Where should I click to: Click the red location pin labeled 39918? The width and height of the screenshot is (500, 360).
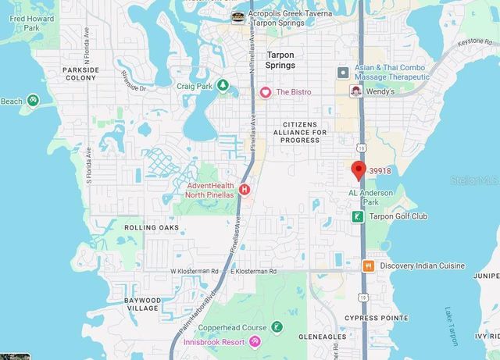click(359, 169)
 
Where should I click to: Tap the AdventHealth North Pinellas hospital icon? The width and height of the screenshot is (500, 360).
click(245, 189)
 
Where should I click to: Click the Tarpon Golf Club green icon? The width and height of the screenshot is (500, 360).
click(357, 216)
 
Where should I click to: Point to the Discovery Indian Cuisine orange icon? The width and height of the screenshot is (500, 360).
click(367, 266)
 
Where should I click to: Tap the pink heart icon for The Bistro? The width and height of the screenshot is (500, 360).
click(266, 92)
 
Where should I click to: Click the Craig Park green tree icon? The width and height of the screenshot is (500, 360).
click(223, 84)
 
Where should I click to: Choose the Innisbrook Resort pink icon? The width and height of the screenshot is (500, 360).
click(255, 342)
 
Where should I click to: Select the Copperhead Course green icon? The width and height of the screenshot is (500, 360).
click(277, 326)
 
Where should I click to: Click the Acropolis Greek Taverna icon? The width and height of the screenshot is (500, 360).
click(237, 15)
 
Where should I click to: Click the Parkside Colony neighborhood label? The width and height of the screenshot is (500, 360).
click(81, 73)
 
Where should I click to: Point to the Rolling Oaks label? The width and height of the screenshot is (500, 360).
click(152, 227)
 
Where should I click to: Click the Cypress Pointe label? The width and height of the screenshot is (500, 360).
click(377, 318)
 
